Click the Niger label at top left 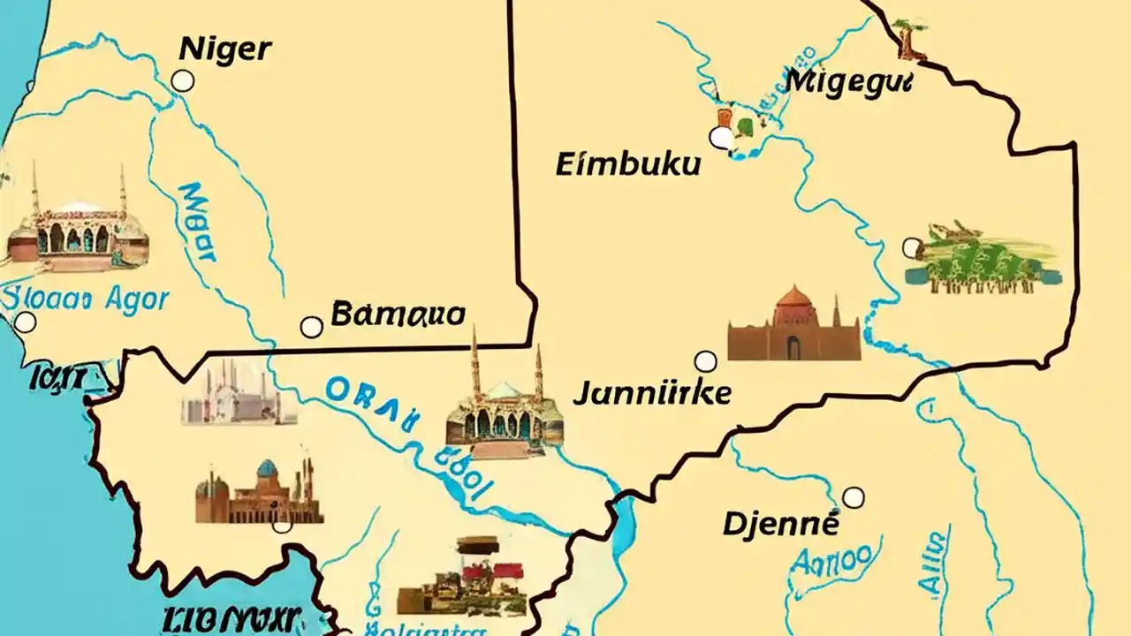[x=224, y=49]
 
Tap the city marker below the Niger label [x=182, y=81]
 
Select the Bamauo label [x=398, y=314]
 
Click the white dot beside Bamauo [x=311, y=327]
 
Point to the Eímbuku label [x=627, y=164]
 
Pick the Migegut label [x=847, y=82]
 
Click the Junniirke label [x=652, y=392]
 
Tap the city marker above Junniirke [x=705, y=360]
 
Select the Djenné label [x=780, y=524]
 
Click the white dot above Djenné [x=853, y=497]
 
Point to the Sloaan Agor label [x=86, y=299]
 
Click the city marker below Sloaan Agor [x=26, y=322]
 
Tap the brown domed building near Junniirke [x=793, y=324]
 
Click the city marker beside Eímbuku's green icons [x=722, y=137]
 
